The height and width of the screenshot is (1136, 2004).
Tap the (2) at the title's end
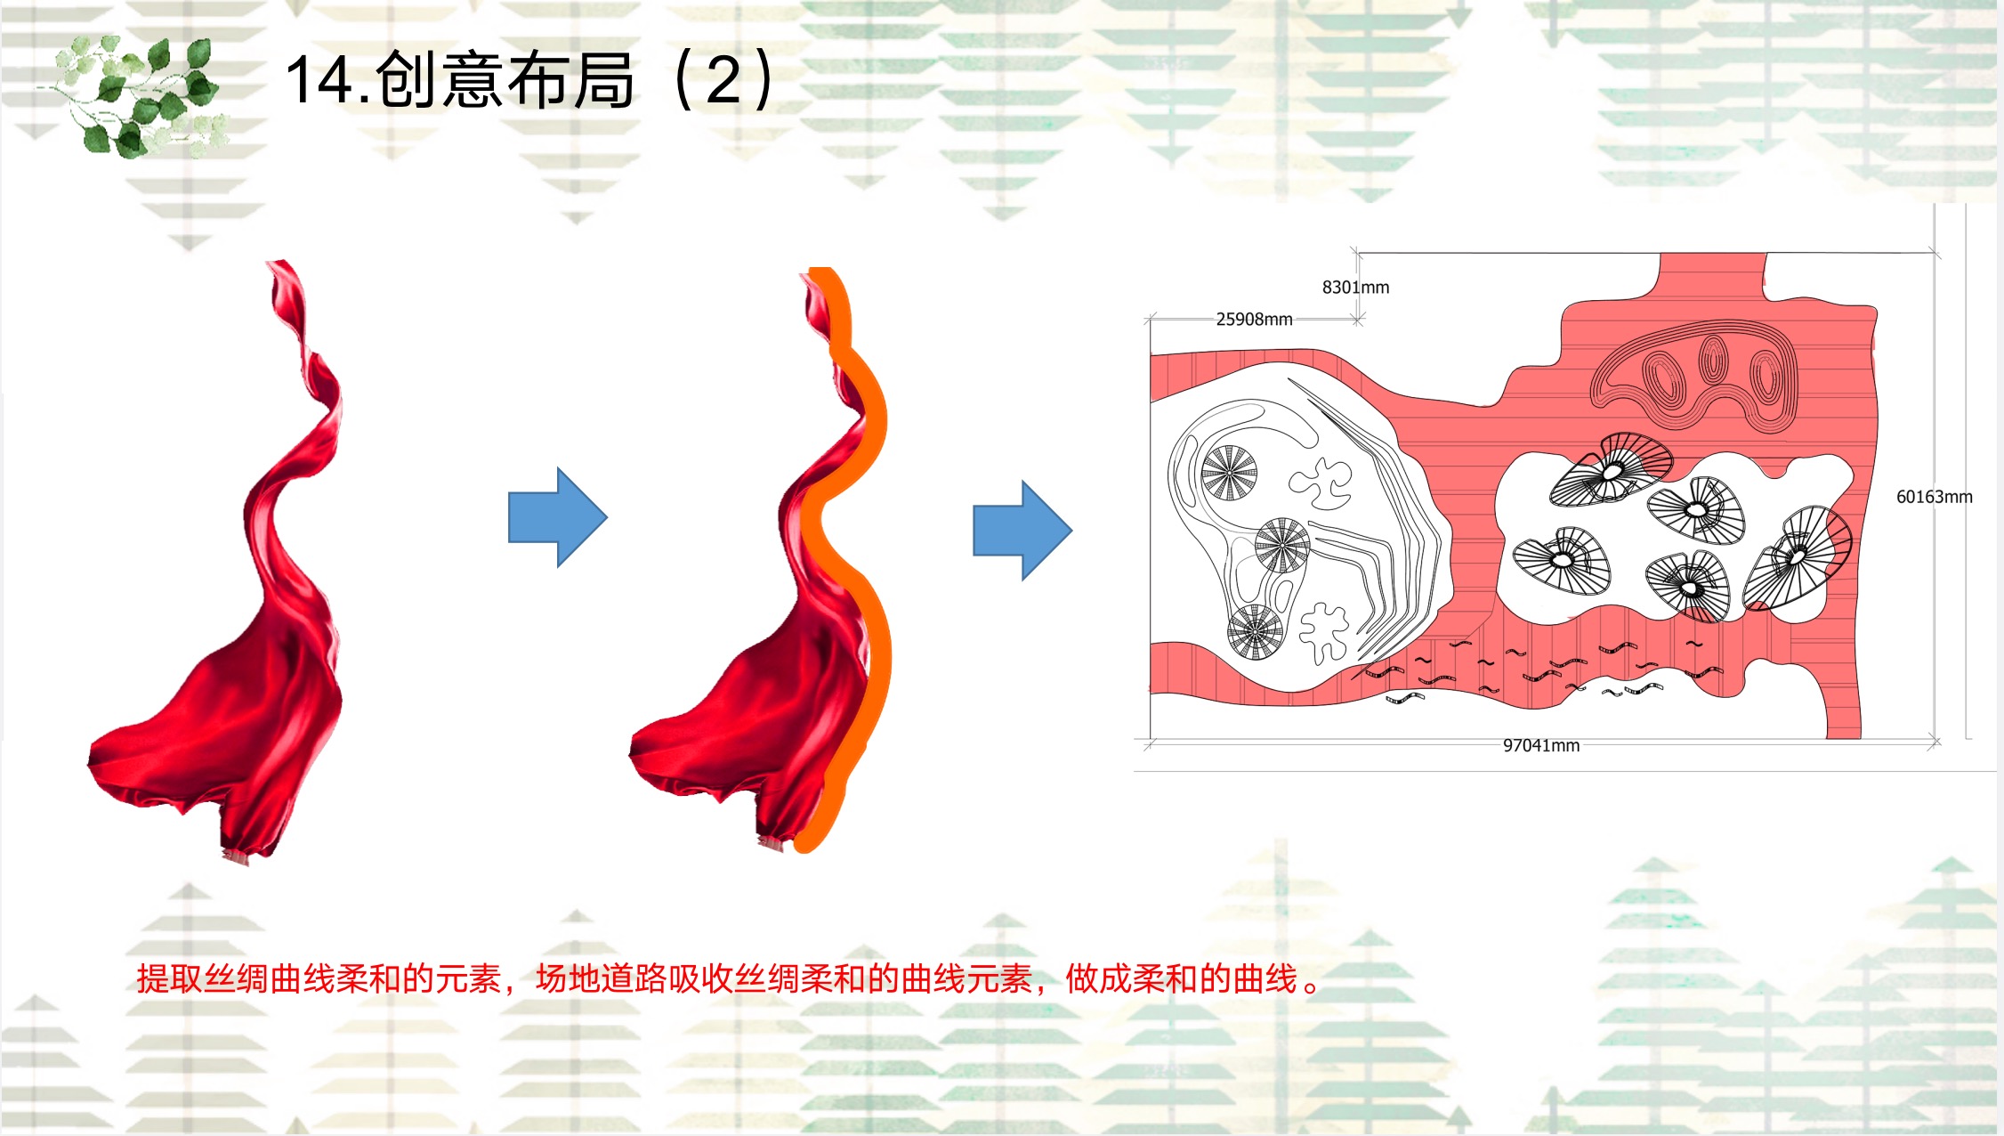coord(723,79)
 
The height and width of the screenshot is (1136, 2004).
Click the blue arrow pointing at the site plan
coord(1022,531)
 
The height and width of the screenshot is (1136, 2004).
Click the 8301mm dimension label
coord(1354,288)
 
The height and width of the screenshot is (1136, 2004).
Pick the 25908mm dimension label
coord(1254,319)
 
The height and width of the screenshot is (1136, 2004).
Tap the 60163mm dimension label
coord(1934,497)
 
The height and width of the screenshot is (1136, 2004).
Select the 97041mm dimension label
coord(1541,745)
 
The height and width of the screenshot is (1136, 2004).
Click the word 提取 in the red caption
coord(170,978)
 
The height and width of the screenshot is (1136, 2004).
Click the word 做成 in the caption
coord(1098,978)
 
